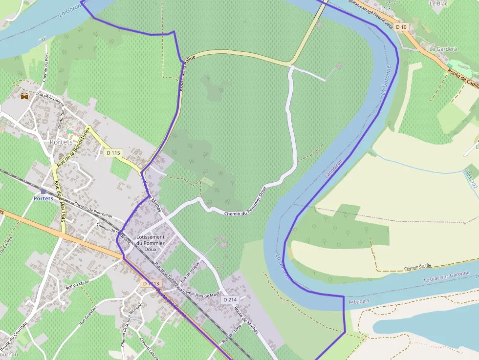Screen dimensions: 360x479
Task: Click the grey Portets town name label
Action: tap(61, 142)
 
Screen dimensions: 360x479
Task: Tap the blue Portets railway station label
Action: tap(44, 198)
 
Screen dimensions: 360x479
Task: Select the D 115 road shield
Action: tap(113, 153)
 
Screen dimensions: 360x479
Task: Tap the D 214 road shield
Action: tap(229, 299)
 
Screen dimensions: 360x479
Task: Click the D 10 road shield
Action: tap(401, 27)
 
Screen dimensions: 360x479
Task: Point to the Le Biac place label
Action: tap(438, 3)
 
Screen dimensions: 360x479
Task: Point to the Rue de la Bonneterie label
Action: tap(73, 148)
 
